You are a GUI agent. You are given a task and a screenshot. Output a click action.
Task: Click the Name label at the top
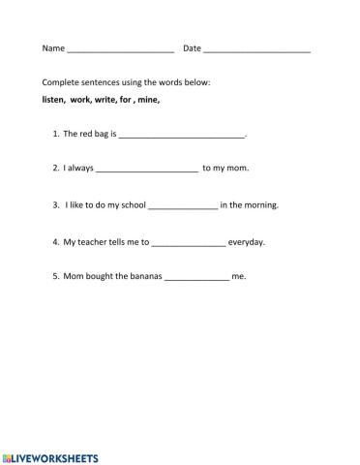pos(53,48)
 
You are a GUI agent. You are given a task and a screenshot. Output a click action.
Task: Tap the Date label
pos(192,48)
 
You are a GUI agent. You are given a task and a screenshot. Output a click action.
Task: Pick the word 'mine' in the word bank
pos(148,100)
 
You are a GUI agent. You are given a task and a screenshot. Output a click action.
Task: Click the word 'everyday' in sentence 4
pos(246,241)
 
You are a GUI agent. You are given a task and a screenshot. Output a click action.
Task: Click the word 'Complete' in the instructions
pos(60,82)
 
